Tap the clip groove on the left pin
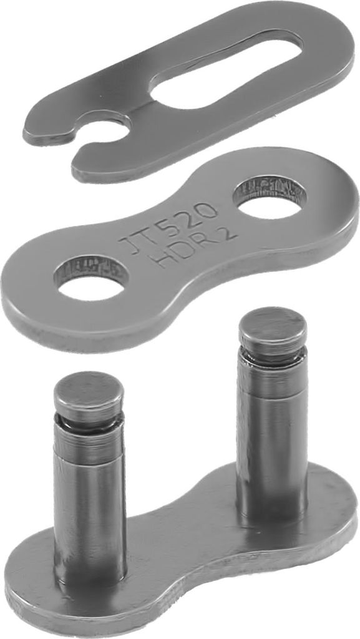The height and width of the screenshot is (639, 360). tap(89, 422)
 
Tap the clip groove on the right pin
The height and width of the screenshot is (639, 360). tap(273, 354)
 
